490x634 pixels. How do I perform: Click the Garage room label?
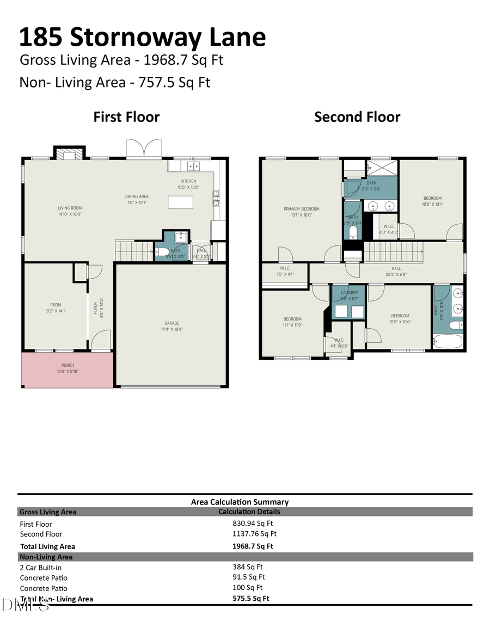[x=172, y=326]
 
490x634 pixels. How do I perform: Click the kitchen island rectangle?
[x=181, y=202]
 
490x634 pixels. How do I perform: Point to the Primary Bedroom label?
[x=301, y=212]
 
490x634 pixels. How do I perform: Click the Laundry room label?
[x=348, y=295]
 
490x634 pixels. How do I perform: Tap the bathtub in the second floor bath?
[x=448, y=342]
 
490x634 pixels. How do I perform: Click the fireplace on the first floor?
[x=69, y=154]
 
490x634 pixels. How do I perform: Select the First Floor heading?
[x=126, y=117]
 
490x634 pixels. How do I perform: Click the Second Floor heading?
[x=357, y=117]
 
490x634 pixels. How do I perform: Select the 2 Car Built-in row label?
[x=41, y=568]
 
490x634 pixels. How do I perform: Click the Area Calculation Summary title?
[x=240, y=502]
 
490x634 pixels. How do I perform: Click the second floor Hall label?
[x=396, y=271]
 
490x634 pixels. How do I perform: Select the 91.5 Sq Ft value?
[x=248, y=577]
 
